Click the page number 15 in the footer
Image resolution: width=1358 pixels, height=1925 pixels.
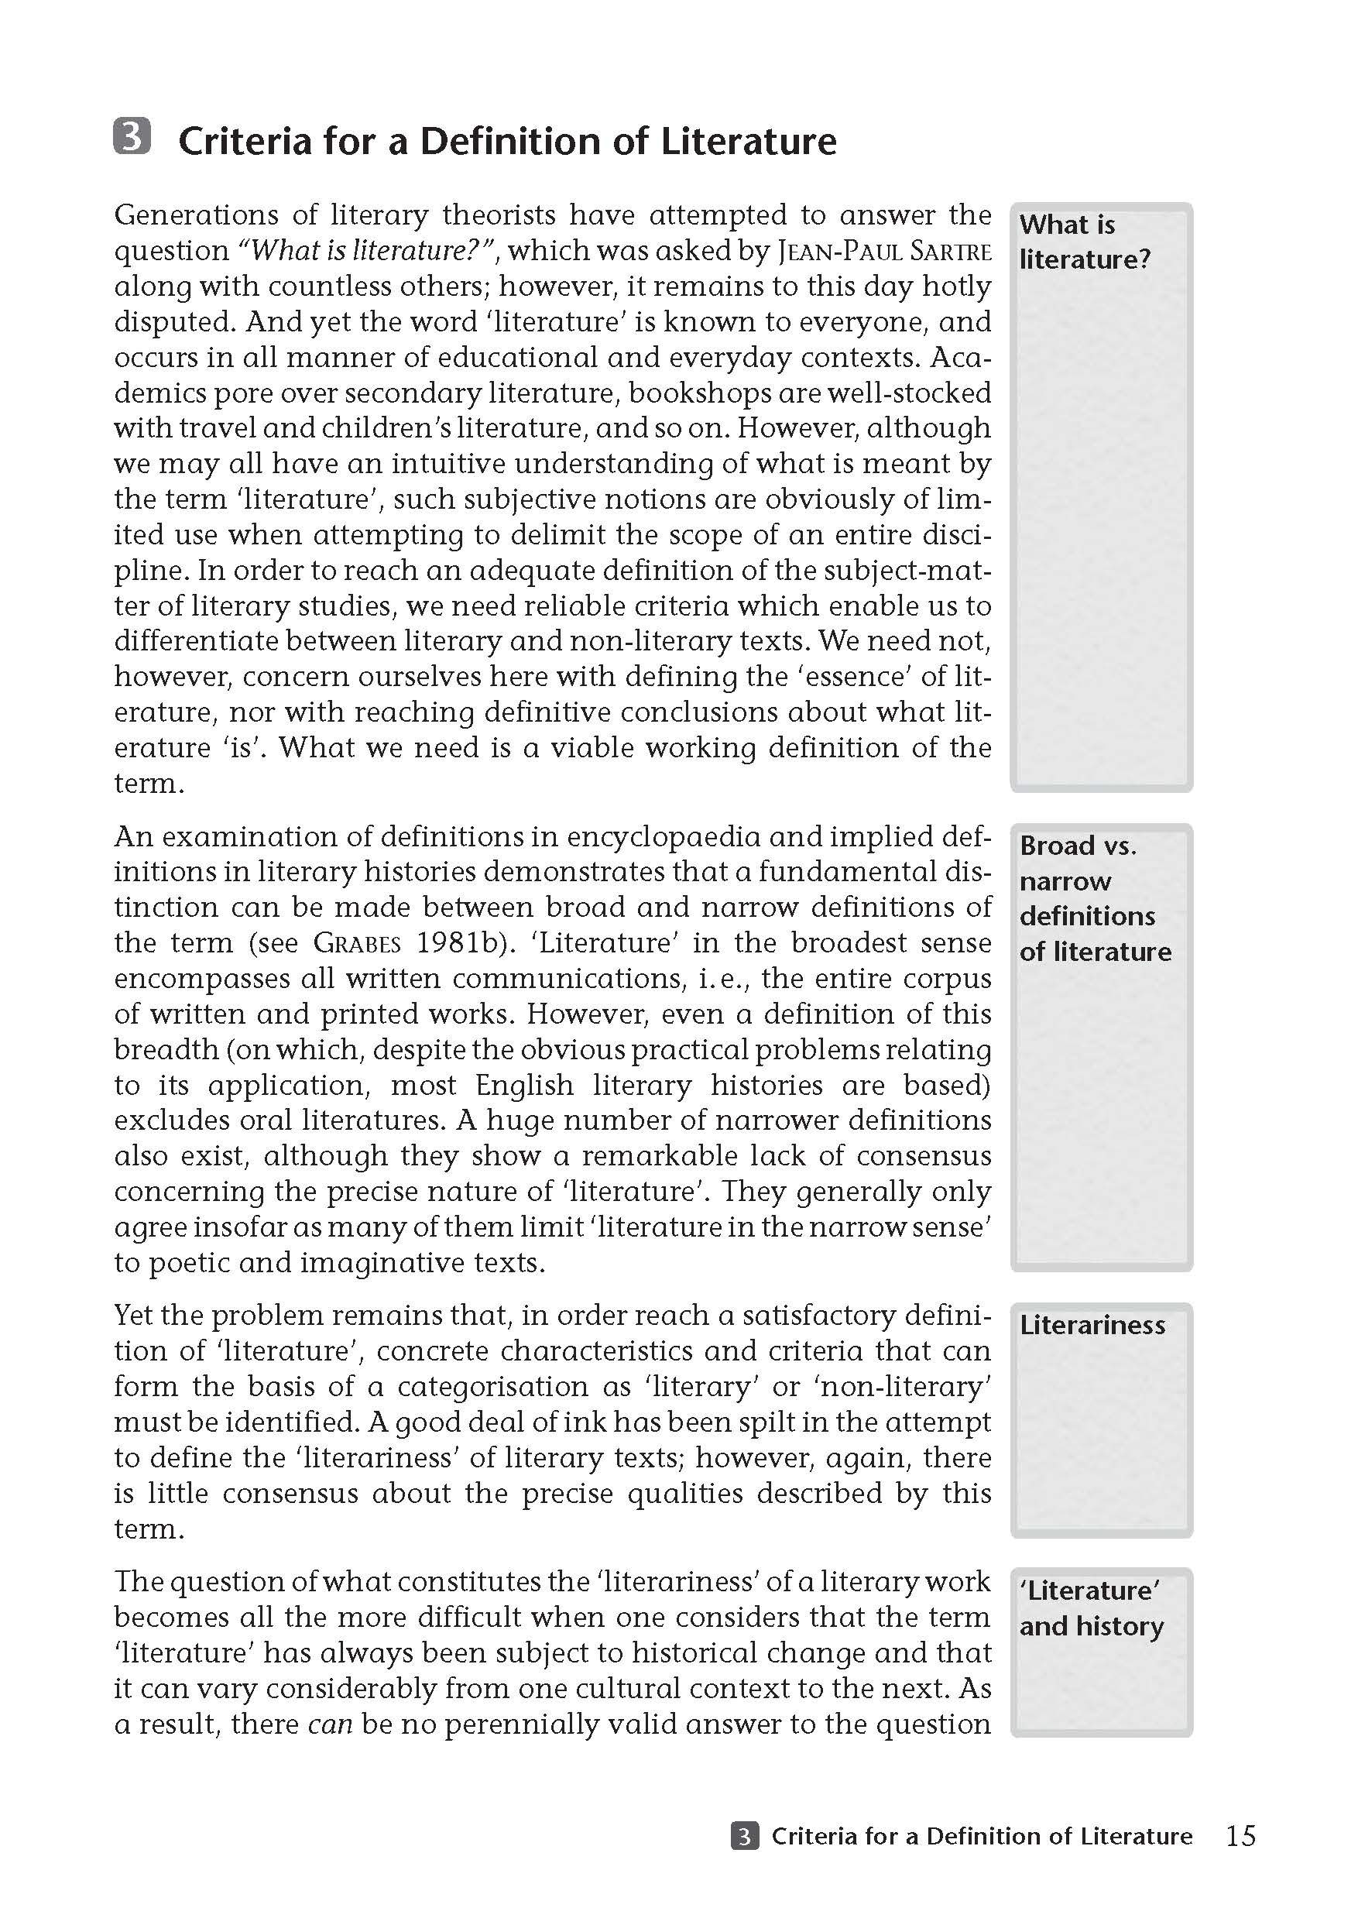point(1240,1836)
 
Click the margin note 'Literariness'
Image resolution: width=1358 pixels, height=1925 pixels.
point(1092,1326)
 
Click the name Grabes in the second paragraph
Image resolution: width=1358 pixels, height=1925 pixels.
point(357,944)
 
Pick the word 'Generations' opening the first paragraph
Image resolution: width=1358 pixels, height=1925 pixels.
point(195,215)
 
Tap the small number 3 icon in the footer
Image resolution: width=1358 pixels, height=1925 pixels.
point(744,1836)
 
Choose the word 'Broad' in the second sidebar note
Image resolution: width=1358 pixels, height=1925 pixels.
point(1057,846)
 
